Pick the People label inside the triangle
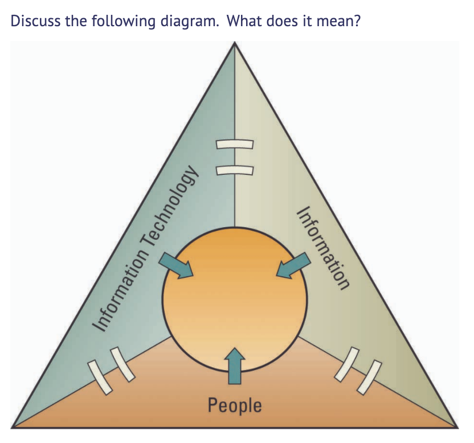coord(235,405)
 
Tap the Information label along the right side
coord(322,248)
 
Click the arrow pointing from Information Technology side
coord(176,265)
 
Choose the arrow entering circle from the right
coord(294,265)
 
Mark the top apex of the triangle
coord(235,43)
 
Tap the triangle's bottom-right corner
coord(457,426)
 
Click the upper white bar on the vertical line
coord(234,144)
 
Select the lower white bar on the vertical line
coord(234,170)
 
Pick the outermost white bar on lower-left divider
coord(97,376)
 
